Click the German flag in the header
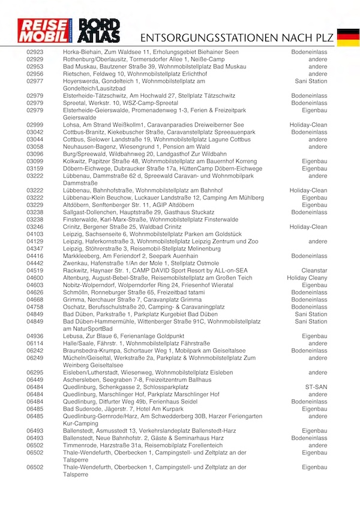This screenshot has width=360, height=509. tap(348, 37)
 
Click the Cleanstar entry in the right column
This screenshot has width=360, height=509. tap(314, 270)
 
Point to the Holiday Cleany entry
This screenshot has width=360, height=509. tap(307, 277)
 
